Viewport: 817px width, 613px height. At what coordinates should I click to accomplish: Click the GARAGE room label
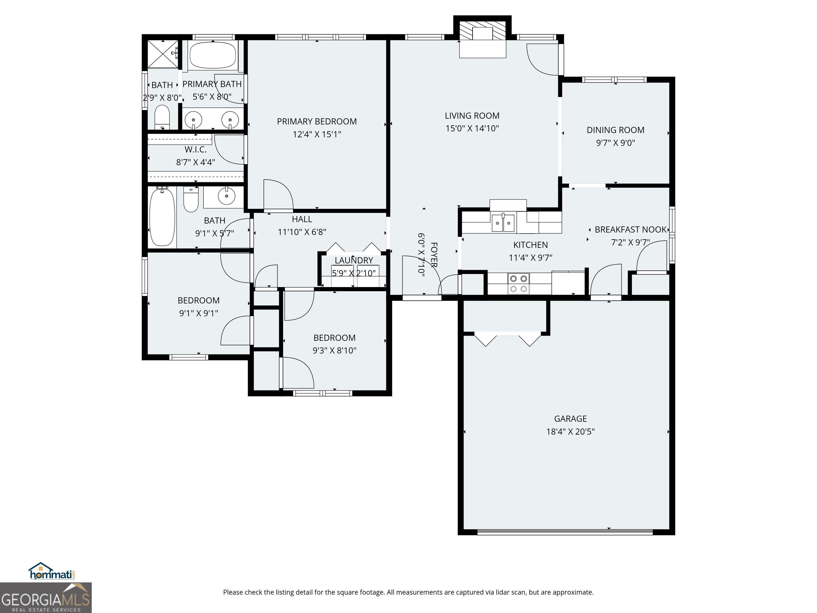[x=570, y=419]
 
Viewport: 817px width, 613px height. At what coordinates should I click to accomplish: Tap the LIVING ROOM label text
[x=472, y=116]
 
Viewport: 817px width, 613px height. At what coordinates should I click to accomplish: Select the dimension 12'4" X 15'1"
[x=317, y=134]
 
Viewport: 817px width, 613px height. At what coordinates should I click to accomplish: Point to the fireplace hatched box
[x=482, y=30]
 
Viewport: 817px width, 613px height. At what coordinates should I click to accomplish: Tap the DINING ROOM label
[x=615, y=130]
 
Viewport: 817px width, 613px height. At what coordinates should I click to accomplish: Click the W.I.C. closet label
[x=195, y=150]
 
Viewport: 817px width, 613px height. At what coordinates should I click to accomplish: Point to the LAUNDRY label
[x=354, y=260]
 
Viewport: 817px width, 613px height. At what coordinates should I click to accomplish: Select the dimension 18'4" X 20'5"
[x=570, y=432]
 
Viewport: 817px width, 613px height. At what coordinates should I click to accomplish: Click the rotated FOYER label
[x=434, y=255]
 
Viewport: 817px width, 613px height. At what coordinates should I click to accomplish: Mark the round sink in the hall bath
[x=226, y=196]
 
